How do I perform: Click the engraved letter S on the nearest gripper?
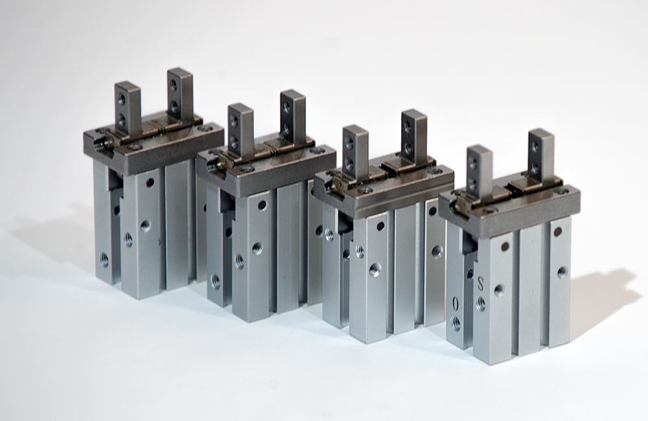[480, 284]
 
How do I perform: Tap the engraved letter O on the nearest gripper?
[456, 304]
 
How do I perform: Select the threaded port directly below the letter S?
[481, 304]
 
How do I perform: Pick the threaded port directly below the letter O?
[456, 323]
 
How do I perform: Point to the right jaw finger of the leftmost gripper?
[180, 95]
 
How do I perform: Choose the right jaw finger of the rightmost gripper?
[541, 155]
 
